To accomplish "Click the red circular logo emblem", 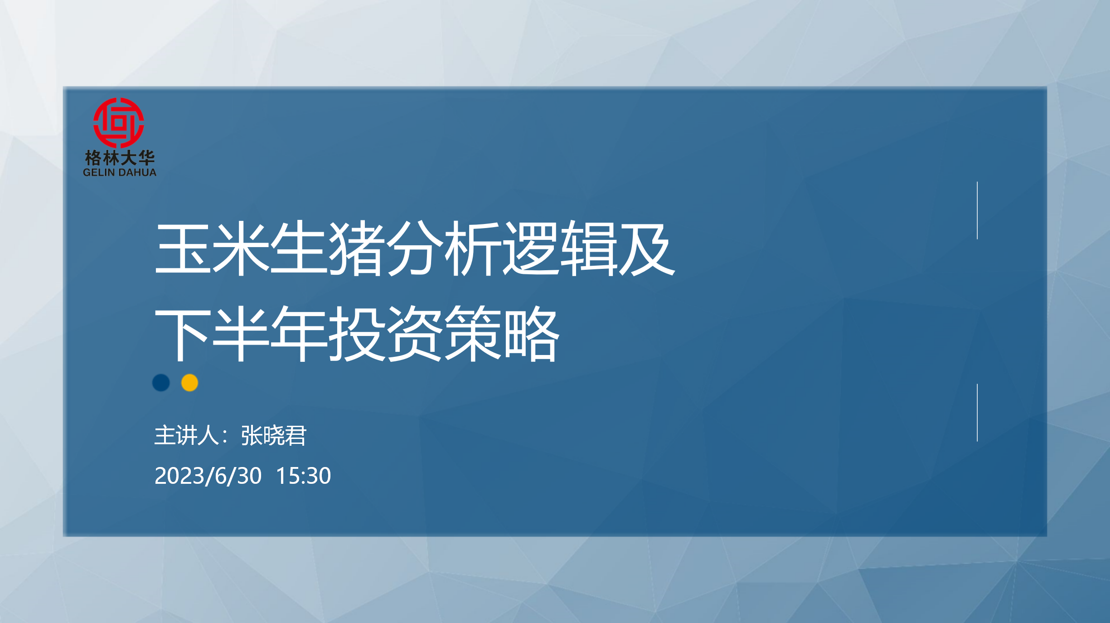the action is click(x=119, y=122).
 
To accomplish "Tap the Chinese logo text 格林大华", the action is click(x=120, y=158).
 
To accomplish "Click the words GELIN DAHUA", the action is click(x=120, y=172).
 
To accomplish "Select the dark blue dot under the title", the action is click(x=161, y=383).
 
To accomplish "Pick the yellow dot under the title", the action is click(x=189, y=383).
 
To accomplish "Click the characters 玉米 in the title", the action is click(x=213, y=248).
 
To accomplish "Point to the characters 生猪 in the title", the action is click(x=329, y=248).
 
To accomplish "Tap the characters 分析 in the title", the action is click(x=445, y=248).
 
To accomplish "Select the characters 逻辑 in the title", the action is click(x=561, y=248).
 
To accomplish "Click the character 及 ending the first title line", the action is click(x=647, y=248).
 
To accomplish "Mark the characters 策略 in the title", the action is click(x=502, y=333).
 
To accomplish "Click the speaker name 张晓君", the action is click(x=274, y=436).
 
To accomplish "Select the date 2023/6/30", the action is click(x=208, y=476).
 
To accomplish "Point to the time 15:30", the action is click(x=303, y=476).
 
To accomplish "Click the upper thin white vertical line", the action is click(x=977, y=210).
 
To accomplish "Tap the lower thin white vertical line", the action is click(x=977, y=413).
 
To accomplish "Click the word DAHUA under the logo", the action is click(x=137, y=172).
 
